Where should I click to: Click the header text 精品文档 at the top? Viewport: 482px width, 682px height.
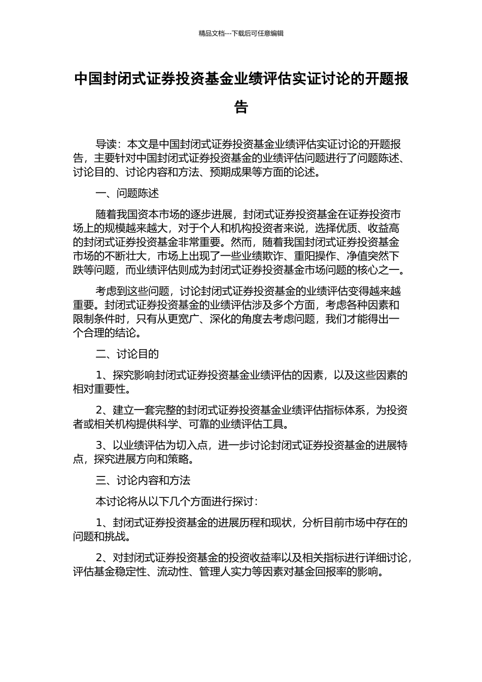211,33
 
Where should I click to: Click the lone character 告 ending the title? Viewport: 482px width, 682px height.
241,108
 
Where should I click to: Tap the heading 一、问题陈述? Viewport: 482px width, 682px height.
127,193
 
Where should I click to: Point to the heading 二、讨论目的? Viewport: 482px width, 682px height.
127,354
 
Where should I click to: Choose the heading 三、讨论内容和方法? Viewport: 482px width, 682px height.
143,480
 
